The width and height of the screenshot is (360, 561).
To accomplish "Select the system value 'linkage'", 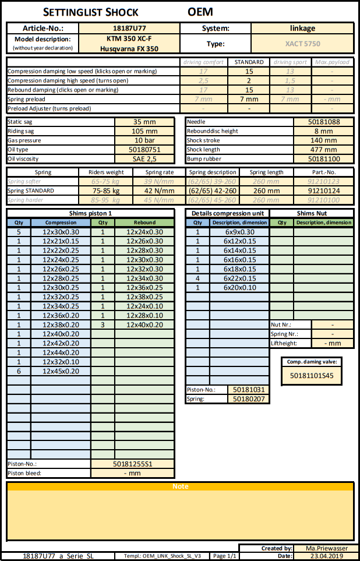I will click(x=302, y=28).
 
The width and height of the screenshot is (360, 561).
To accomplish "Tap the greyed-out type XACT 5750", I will click(x=302, y=44).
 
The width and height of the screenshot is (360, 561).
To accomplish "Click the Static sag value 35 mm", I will click(x=144, y=122).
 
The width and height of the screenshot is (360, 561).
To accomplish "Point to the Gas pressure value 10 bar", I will click(x=144, y=140).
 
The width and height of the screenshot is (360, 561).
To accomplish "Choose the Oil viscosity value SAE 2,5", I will click(x=144, y=159).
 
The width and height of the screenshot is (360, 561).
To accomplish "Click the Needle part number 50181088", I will click(x=323, y=122).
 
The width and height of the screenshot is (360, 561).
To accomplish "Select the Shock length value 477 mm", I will click(x=323, y=150).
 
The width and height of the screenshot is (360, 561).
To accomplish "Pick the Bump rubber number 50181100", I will click(x=323, y=159).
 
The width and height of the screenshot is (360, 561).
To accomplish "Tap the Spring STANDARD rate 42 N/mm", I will click(x=156, y=190).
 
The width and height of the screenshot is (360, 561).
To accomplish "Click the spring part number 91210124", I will click(x=323, y=190).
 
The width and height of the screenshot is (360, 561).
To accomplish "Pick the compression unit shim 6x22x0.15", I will click(x=239, y=278).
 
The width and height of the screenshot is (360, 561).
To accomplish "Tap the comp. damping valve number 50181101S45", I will click(x=312, y=376).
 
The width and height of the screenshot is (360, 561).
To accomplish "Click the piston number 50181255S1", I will click(x=132, y=464).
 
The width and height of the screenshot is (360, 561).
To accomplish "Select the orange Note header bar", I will click(x=180, y=486).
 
